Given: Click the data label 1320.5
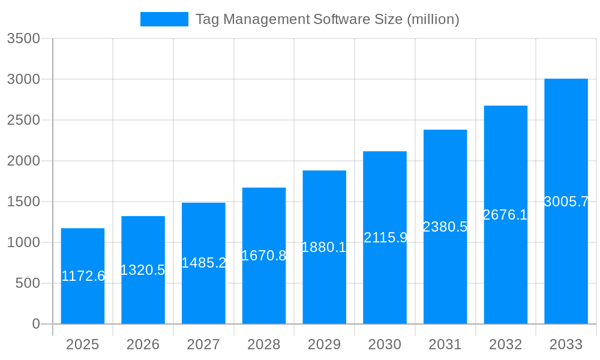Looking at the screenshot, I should click(143, 270).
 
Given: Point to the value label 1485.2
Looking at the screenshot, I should click(203, 263).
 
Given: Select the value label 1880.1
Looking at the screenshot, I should click(324, 247).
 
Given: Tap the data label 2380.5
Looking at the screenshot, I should click(445, 227).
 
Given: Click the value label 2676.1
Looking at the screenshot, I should click(505, 215).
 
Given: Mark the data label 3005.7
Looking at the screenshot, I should click(566, 202).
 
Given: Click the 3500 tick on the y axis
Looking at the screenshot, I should click(23, 39).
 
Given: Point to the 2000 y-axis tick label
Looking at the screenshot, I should click(23, 161).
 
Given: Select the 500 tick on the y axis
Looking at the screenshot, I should click(28, 284).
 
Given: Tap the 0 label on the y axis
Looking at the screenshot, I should click(36, 325).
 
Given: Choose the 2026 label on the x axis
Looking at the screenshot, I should click(143, 345).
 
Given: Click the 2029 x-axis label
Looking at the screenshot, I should click(324, 345).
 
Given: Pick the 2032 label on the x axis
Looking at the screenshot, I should click(505, 345).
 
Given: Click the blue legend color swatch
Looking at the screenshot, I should click(164, 19).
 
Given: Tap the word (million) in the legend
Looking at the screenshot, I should click(433, 19).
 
